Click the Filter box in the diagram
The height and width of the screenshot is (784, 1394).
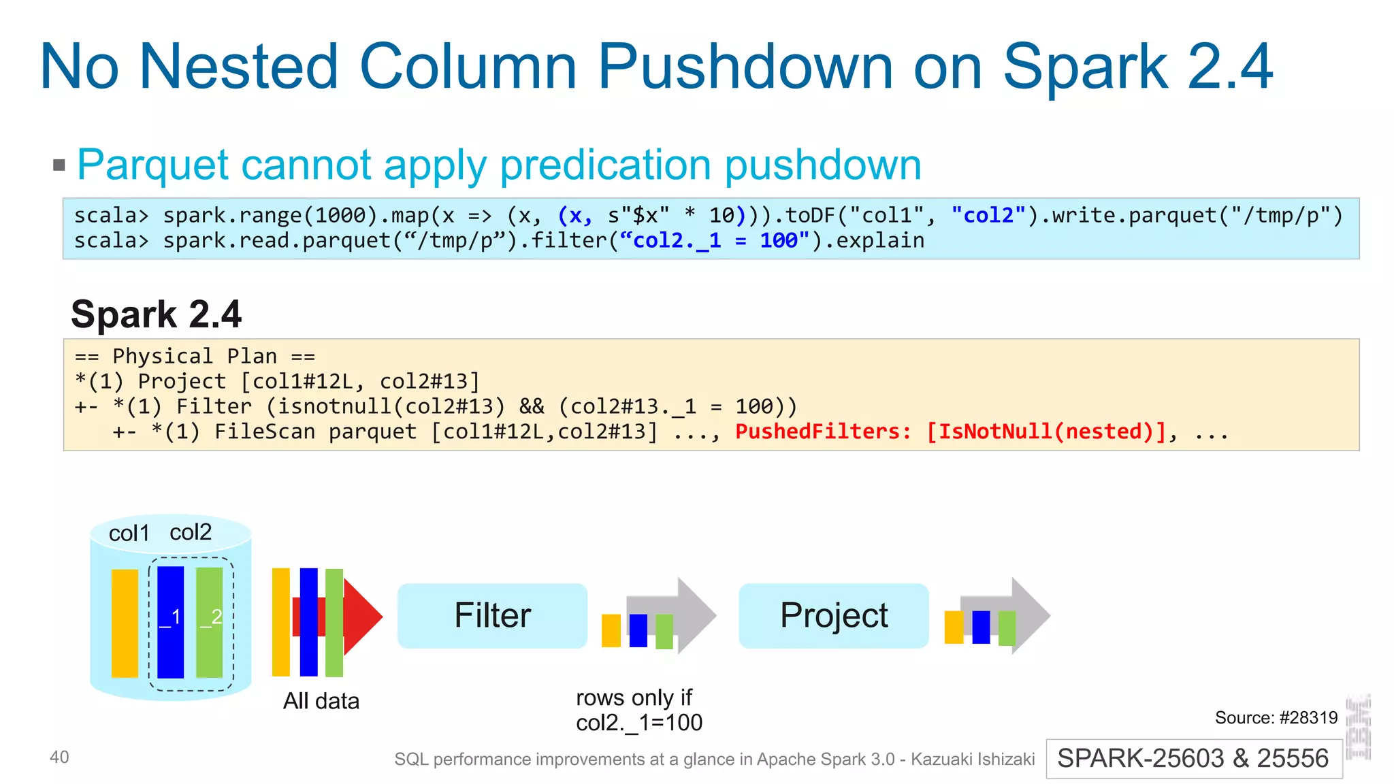coord(492,615)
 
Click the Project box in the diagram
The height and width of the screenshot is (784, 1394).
coord(833,615)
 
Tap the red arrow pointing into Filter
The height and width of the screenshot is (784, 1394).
coord(363,617)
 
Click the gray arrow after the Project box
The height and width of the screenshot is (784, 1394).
coord(1028,615)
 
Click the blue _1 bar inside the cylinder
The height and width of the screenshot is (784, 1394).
coord(170,621)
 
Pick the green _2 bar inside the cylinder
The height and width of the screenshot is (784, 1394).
coord(210,621)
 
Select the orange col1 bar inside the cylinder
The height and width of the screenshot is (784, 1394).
coord(125,623)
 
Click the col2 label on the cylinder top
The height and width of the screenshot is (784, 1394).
coord(191,532)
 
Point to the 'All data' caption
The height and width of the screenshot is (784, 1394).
coord(321,701)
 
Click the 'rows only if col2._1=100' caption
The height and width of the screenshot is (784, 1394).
coord(638,710)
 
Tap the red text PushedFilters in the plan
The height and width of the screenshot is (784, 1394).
coord(822,431)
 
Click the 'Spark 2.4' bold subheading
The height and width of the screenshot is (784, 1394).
coord(156,314)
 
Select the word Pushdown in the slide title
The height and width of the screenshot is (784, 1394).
coord(745,67)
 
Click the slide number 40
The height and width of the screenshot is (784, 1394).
coord(59,757)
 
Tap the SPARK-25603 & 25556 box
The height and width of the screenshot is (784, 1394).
coord(1193,758)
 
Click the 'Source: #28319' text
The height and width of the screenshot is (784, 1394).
coord(1276,717)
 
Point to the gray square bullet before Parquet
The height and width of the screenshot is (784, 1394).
coord(59,165)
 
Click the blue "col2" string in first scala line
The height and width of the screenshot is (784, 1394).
coord(988,215)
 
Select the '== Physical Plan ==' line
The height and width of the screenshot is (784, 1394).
coord(195,356)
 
